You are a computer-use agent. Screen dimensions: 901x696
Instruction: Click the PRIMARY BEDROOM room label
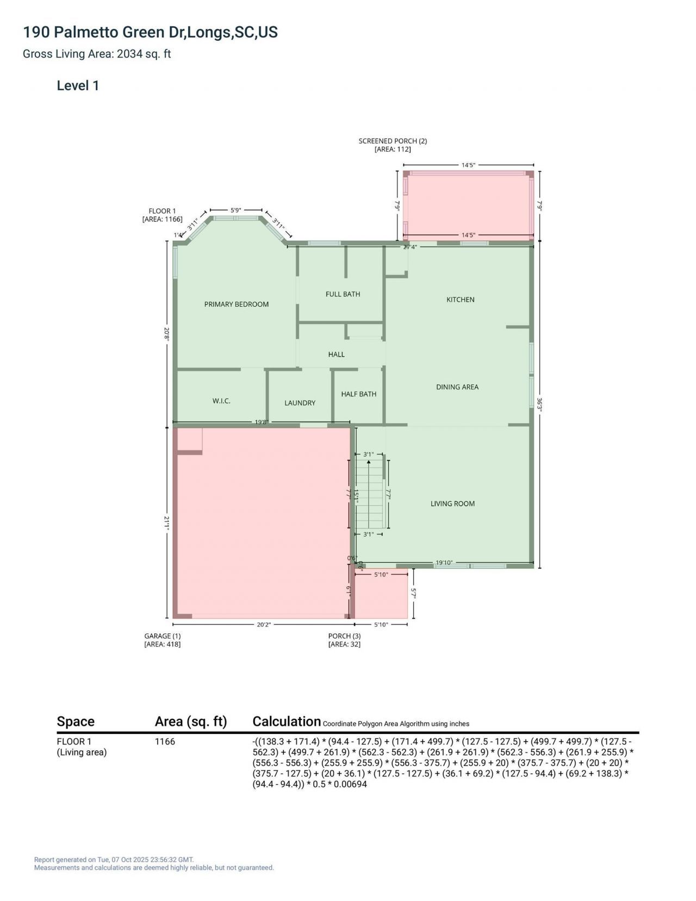click(236, 304)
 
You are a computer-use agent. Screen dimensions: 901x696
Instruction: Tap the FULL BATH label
click(343, 294)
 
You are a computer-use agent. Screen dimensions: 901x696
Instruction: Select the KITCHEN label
click(460, 300)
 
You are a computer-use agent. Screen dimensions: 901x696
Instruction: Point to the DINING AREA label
click(457, 387)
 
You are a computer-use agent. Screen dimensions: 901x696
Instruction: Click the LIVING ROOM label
click(452, 504)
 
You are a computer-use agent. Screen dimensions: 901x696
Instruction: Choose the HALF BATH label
click(358, 394)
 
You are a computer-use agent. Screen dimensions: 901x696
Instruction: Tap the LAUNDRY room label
click(300, 403)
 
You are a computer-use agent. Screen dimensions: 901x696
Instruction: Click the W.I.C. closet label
click(221, 401)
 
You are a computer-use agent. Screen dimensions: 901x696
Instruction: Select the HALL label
click(336, 355)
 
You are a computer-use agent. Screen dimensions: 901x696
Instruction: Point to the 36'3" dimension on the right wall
click(539, 405)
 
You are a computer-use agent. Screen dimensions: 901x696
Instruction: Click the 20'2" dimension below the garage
click(264, 625)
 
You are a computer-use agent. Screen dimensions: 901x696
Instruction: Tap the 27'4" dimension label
click(409, 247)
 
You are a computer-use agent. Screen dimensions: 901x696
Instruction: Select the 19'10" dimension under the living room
click(444, 563)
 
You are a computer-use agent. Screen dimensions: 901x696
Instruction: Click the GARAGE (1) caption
click(162, 636)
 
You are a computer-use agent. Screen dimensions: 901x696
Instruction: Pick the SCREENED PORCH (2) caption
click(393, 141)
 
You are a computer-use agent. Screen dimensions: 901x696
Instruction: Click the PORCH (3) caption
click(344, 636)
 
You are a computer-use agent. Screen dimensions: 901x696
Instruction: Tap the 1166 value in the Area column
click(165, 742)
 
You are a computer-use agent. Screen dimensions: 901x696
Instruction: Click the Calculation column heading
click(287, 722)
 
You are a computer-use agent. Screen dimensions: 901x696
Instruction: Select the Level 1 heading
click(78, 85)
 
